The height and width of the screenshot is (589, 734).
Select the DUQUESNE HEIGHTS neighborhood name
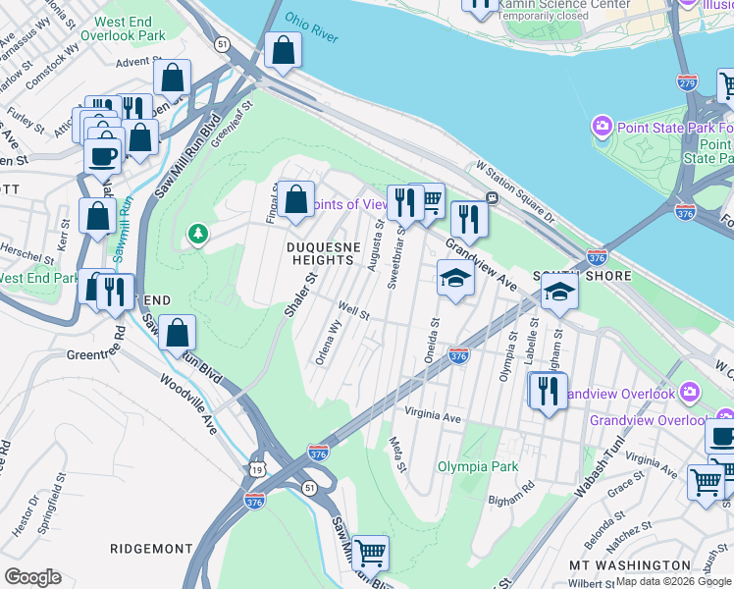(320, 253)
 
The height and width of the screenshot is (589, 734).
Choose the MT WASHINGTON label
(630, 565)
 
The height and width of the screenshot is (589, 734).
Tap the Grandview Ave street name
(481, 265)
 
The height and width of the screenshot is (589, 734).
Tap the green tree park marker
(198, 234)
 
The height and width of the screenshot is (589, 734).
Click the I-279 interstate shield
(688, 84)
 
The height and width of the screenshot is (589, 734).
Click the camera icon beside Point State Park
(602, 126)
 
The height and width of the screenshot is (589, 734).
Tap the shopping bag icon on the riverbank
(283, 55)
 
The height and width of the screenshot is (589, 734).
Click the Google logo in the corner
(32, 577)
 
